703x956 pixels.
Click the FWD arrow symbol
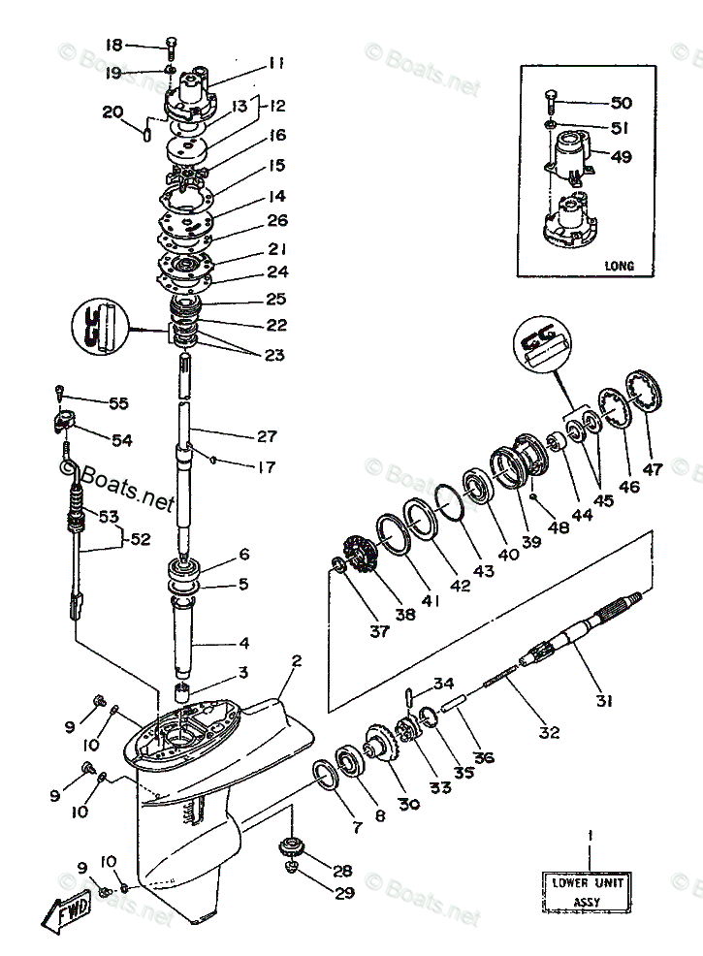point(68,911)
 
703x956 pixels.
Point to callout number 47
point(653,469)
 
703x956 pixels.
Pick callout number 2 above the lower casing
point(296,661)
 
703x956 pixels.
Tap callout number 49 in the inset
point(621,156)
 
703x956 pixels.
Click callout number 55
point(117,403)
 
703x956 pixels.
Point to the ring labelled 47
point(642,393)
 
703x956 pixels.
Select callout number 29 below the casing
point(342,893)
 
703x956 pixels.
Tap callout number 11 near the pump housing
point(276,64)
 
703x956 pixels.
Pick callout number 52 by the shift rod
point(141,540)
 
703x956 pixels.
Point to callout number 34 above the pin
point(443,683)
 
